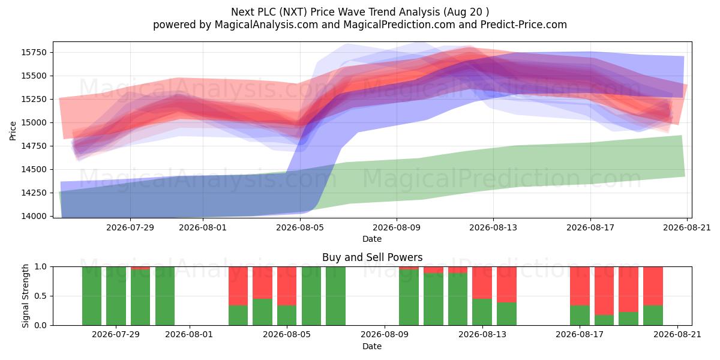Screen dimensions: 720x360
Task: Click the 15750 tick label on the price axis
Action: click(x=34, y=52)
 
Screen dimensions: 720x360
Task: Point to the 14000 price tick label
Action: click(x=34, y=216)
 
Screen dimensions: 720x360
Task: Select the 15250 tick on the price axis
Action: click(x=34, y=99)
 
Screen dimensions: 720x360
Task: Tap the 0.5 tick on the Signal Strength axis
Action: click(x=40, y=296)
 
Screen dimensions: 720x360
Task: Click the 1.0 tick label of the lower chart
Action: click(x=40, y=267)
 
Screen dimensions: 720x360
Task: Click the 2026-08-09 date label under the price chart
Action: click(x=397, y=227)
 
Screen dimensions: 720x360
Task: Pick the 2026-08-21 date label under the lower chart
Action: click(x=677, y=334)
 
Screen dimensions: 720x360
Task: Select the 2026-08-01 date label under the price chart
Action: click(x=203, y=227)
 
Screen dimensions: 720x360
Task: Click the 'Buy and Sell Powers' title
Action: click(x=372, y=257)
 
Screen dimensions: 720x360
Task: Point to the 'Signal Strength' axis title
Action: click(x=25, y=296)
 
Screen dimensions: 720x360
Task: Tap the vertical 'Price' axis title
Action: click(x=13, y=131)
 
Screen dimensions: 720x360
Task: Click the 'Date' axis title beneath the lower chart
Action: click(x=372, y=346)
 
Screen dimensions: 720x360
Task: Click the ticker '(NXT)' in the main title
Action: click(x=293, y=12)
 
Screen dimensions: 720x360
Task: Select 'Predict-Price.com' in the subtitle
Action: click(x=524, y=25)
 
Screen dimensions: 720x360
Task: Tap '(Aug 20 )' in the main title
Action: click(x=466, y=12)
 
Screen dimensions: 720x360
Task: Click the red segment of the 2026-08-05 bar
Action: click(x=287, y=286)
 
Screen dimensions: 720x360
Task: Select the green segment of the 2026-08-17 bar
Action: click(x=580, y=316)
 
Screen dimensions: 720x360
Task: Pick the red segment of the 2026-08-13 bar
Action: click(x=482, y=283)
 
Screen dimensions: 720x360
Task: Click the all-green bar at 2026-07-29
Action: click(x=116, y=296)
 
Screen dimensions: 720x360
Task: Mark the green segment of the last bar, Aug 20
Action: click(x=653, y=316)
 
